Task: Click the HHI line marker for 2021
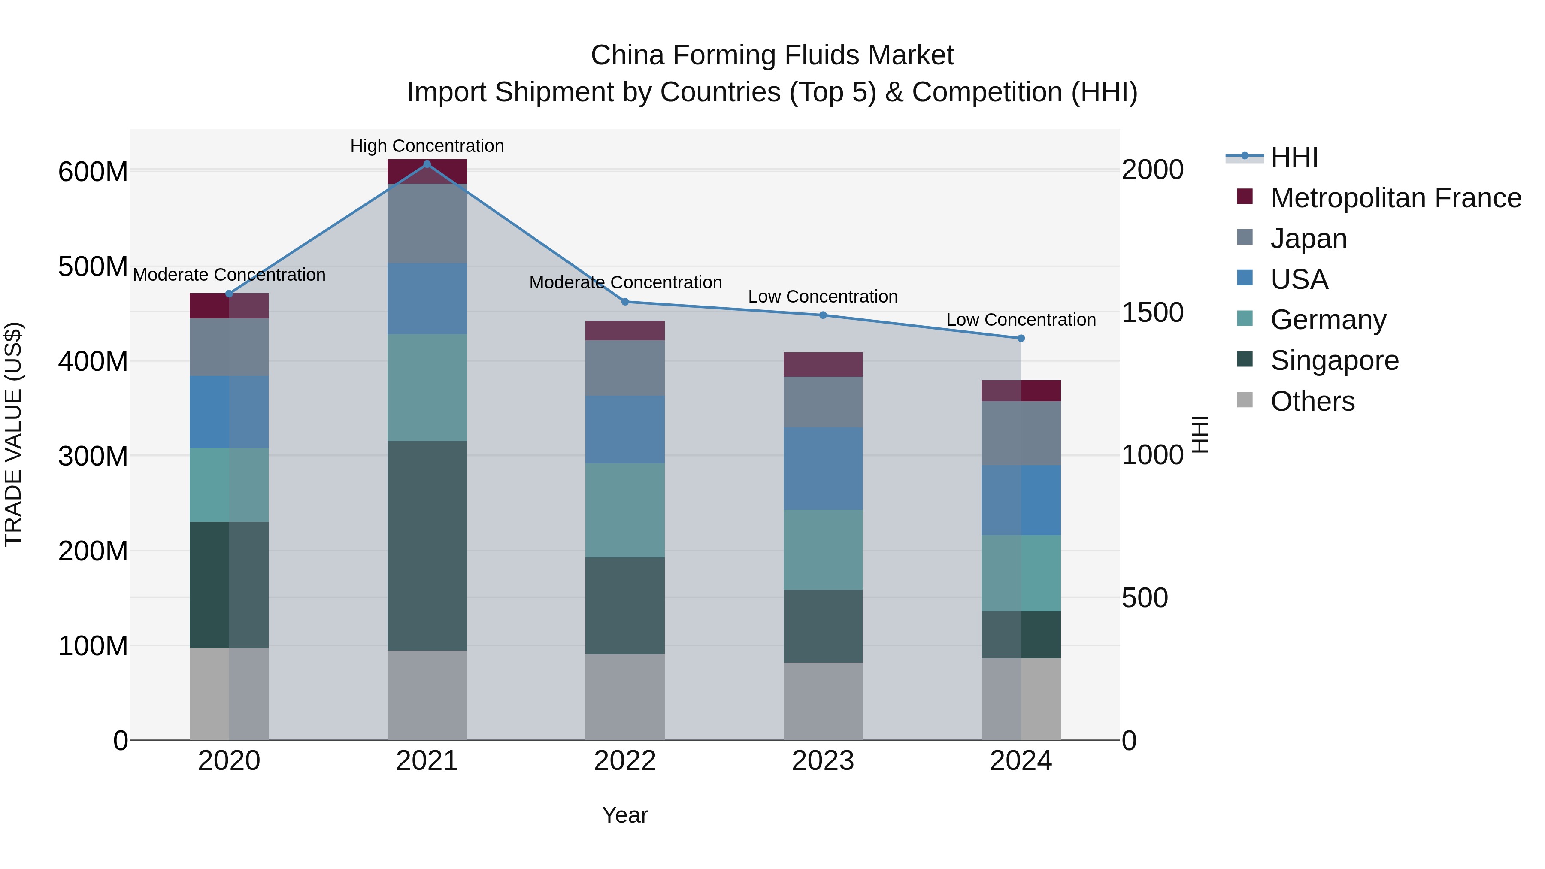[427, 164]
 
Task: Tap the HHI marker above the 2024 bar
[1021, 338]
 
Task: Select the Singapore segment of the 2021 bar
[427, 546]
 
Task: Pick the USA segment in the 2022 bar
[625, 430]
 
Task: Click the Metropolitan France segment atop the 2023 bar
[823, 365]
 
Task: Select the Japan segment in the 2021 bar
[427, 223]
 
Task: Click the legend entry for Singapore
[1334, 360]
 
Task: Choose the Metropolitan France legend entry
[1396, 198]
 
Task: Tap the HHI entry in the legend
[1294, 157]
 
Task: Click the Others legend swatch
[1245, 400]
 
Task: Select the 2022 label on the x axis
[625, 761]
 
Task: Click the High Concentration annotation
[427, 146]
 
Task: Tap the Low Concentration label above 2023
[823, 296]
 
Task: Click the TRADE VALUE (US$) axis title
[13, 434]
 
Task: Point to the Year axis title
[625, 815]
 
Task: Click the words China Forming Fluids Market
[772, 55]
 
